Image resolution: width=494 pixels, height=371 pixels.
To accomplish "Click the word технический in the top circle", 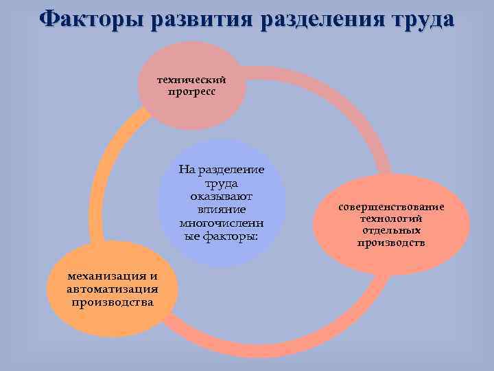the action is (192, 80).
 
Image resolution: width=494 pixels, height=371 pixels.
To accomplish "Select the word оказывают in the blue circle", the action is (221, 196).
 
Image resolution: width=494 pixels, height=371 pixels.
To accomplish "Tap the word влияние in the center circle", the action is (221, 210).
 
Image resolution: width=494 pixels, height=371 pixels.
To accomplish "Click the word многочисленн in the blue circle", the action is (221, 223).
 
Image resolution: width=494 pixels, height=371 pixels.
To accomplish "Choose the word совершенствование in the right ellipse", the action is (390, 207).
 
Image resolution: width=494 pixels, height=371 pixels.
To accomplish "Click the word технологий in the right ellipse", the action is (390, 218).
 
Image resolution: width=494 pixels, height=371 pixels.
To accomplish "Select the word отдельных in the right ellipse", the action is (390, 230).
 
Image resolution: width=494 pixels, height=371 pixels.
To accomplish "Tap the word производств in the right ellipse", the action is (390, 243).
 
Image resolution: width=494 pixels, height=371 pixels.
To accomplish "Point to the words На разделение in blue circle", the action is (221, 170).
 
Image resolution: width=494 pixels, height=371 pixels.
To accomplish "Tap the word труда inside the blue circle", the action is (221, 183).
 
